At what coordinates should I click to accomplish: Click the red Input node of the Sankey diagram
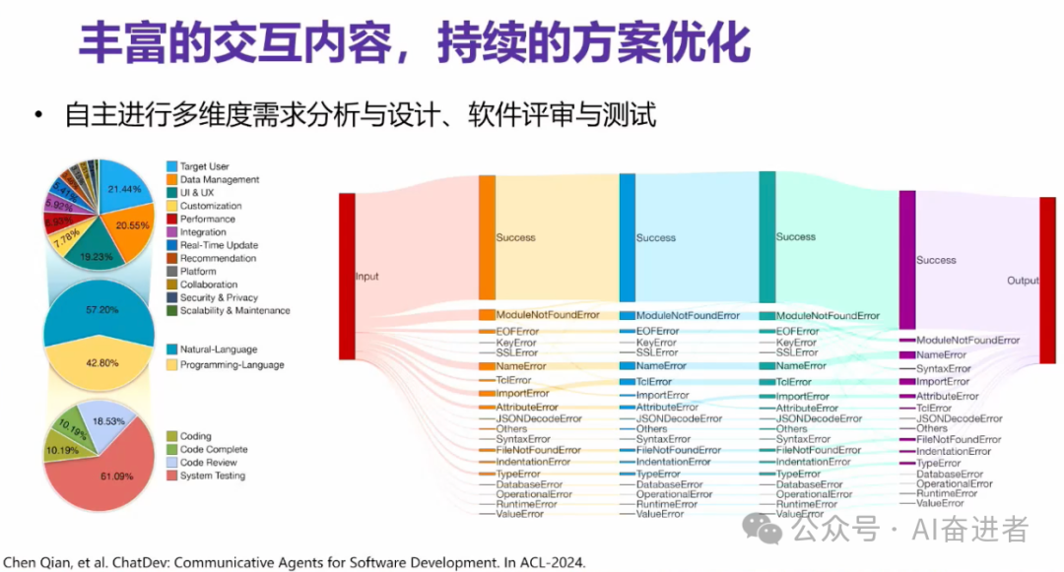(x=346, y=277)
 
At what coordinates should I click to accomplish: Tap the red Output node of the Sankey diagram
(x=1047, y=280)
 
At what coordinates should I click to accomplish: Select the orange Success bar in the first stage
(x=487, y=237)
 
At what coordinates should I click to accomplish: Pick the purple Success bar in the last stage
(x=907, y=260)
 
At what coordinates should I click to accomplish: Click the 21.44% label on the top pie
(x=125, y=188)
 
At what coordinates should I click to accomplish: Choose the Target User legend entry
(x=204, y=167)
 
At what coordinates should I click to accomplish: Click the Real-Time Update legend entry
(x=219, y=245)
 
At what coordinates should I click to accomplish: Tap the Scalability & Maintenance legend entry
(x=234, y=310)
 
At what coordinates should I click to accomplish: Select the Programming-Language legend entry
(x=232, y=365)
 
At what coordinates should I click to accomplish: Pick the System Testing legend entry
(x=212, y=476)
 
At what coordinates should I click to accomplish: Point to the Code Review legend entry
(x=208, y=463)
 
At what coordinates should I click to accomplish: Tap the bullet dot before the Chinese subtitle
(x=38, y=116)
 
